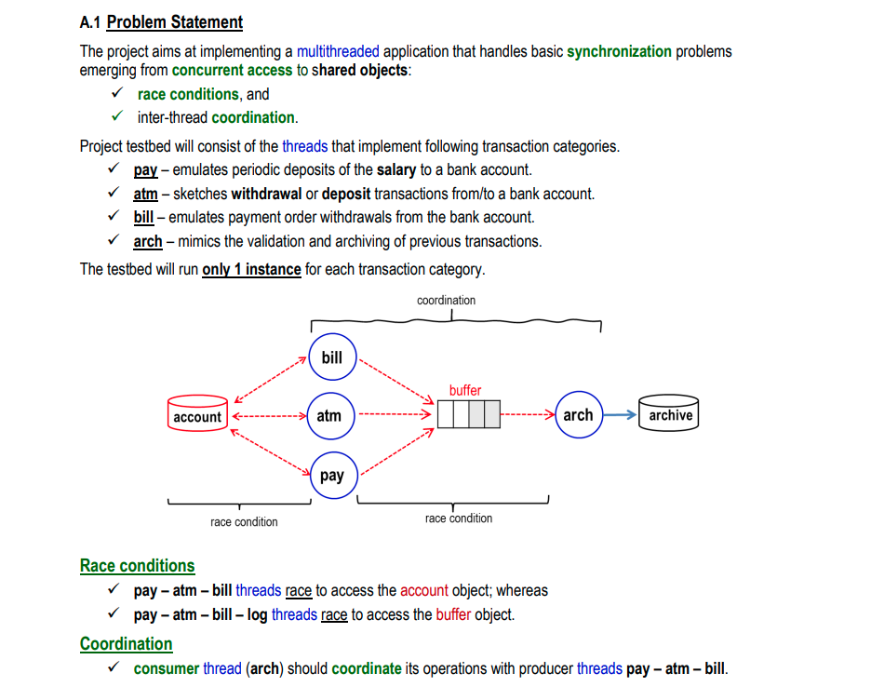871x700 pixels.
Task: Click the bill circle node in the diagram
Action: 332,357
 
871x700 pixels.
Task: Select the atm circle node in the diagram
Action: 329,416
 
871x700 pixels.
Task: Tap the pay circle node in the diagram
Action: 332,476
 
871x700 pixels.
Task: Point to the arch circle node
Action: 578,415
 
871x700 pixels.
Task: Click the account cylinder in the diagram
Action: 197,416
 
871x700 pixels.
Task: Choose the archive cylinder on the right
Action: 670,415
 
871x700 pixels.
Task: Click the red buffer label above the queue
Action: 465,390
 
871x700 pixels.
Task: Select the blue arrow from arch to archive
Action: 620,415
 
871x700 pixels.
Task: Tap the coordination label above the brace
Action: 446,301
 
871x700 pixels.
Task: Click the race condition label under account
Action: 244,522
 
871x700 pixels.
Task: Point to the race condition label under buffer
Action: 459,518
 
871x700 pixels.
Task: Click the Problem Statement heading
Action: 175,22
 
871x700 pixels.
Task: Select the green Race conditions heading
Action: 138,566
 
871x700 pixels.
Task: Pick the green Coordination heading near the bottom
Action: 127,644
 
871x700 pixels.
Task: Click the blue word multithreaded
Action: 339,51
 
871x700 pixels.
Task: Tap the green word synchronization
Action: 619,51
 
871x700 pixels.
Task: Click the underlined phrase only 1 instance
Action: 251,270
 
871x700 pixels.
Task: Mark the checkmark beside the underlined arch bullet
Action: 115,241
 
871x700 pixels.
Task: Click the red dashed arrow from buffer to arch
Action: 528,415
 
